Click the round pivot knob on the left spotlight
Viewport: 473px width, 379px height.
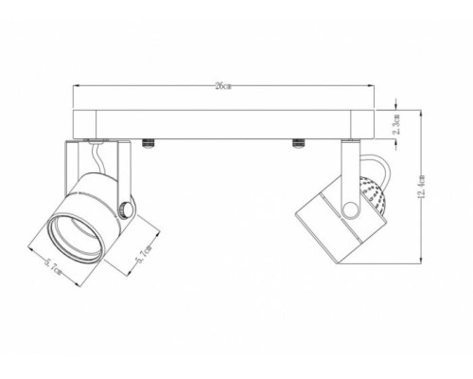pos(126,208)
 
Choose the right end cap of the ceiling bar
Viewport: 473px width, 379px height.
pos(363,123)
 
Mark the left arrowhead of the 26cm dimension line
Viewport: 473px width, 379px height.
pos(76,87)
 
